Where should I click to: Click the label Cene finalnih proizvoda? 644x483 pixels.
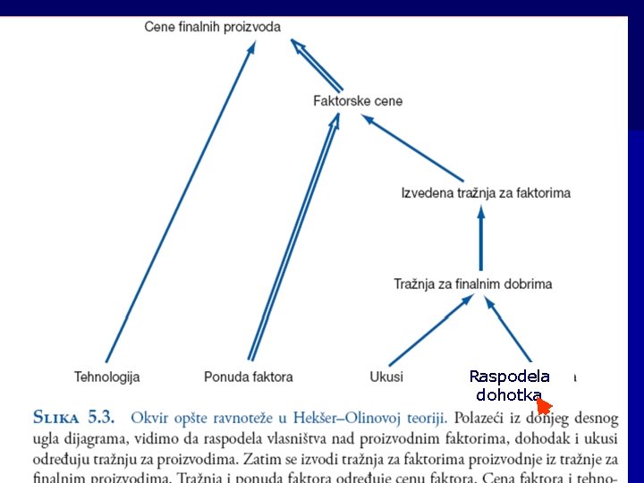(212, 27)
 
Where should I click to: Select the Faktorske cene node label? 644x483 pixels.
(358, 101)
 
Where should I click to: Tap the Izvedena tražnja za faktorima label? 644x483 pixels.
(486, 192)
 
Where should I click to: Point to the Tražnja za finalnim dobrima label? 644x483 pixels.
(473, 284)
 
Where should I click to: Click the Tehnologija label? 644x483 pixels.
(107, 377)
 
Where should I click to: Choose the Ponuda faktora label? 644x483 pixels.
(248, 377)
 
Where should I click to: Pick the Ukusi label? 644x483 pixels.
(386, 377)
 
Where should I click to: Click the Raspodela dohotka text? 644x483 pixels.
(509, 386)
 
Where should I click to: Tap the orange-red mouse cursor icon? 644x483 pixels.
(543, 405)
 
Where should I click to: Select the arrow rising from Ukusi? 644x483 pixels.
(430, 330)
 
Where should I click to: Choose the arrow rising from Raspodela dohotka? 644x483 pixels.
(509, 330)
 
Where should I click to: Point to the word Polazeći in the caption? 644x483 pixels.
(483, 418)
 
